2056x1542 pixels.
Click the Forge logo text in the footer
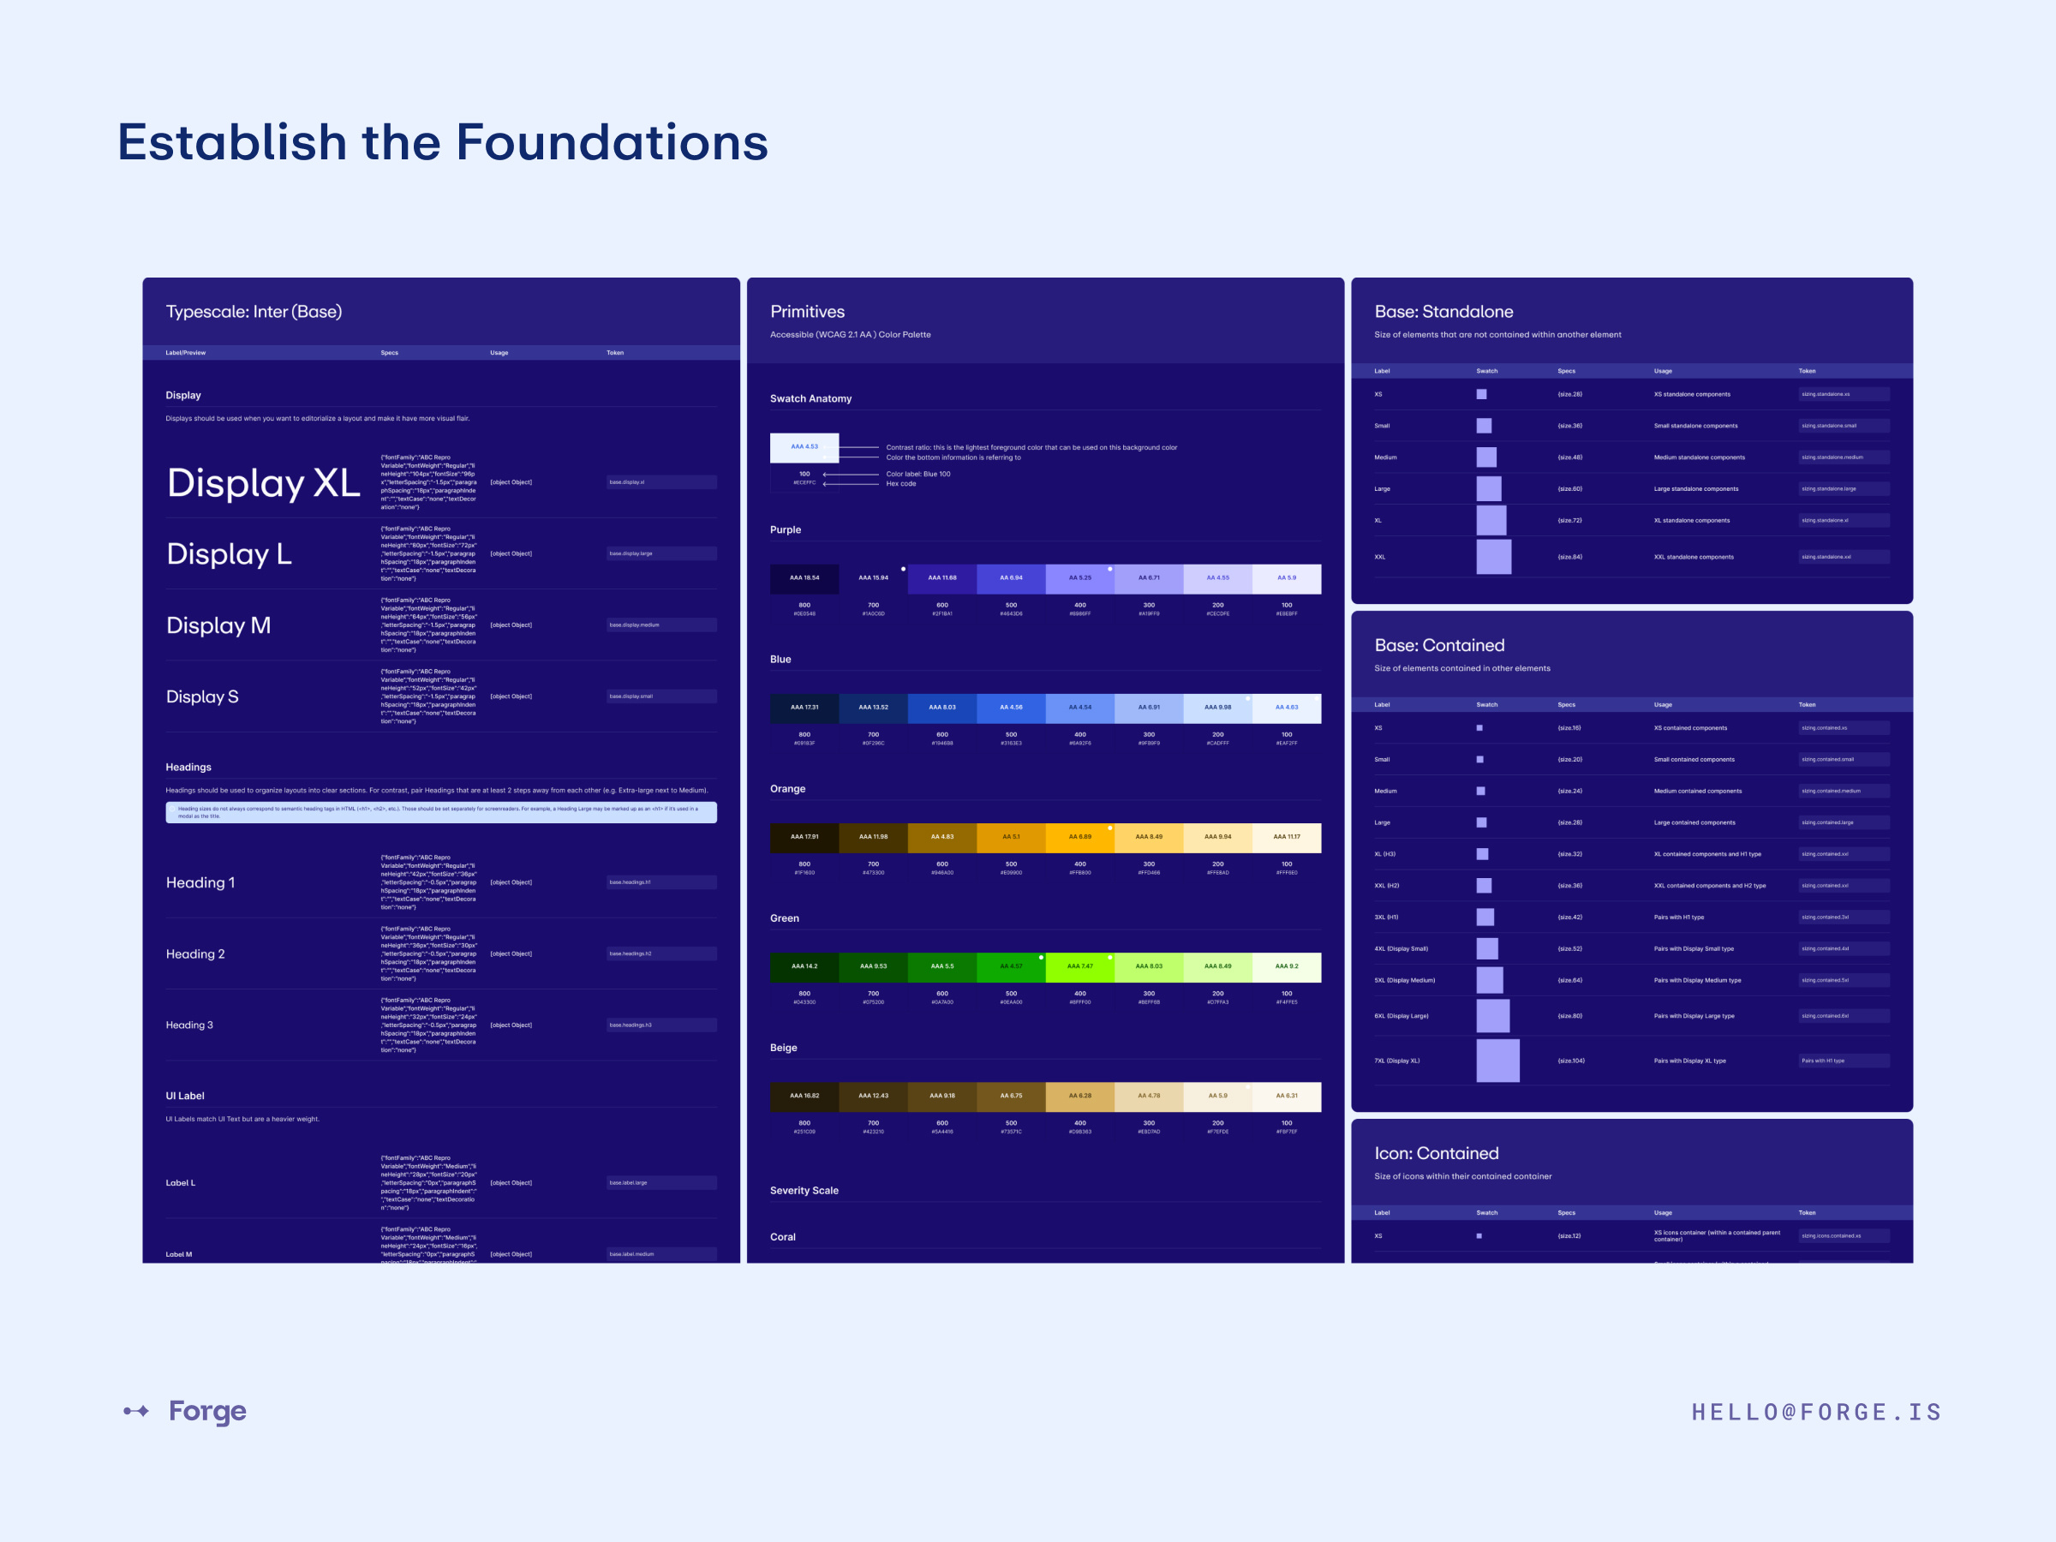pos(207,1411)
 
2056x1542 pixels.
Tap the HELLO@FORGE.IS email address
pos(1816,1413)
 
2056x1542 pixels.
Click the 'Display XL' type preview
pos(263,483)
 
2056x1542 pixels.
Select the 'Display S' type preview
pos(203,697)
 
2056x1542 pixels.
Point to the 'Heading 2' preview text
pos(195,954)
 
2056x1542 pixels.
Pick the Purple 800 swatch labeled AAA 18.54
pos(804,578)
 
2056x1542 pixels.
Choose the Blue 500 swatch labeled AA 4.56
pos(1010,708)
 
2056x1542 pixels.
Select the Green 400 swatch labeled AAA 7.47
pos(1079,966)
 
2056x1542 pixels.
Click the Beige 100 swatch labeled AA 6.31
pos(1287,1096)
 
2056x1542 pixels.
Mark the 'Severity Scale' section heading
pos(804,1191)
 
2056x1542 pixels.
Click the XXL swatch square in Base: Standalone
pos(1494,557)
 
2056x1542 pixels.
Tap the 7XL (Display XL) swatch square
pos(1497,1061)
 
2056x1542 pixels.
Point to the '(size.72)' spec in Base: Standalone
pos(1570,521)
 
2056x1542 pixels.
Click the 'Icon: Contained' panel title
pos(1436,1153)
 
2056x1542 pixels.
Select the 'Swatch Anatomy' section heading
pos(810,398)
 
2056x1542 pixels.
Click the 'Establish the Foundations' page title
pos(442,142)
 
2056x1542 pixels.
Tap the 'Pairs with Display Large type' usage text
pos(1694,1016)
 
